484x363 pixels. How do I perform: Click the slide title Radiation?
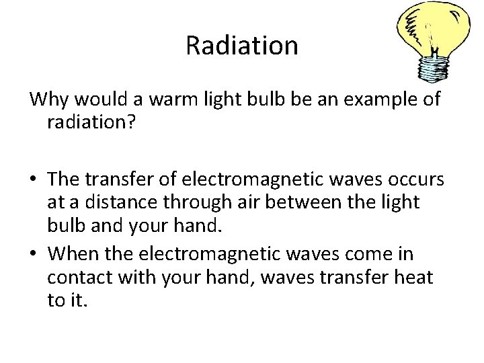(241, 46)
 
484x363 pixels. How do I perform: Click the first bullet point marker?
(34, 181)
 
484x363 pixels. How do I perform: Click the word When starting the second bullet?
(72, 254)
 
